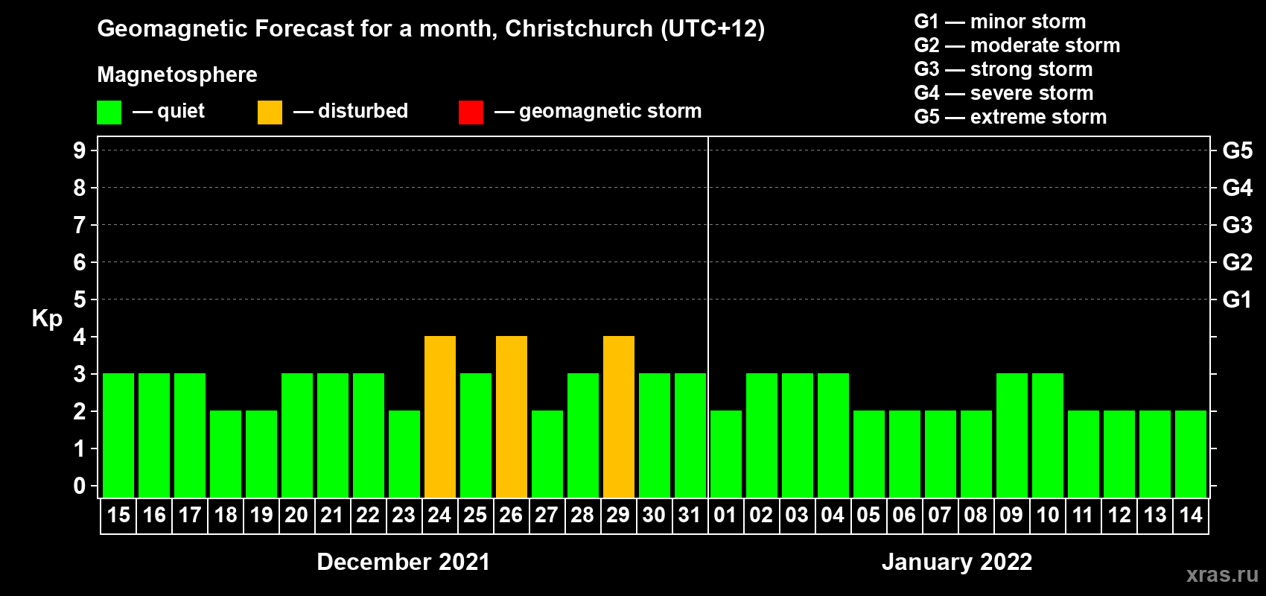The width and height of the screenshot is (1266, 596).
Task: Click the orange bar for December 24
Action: click(x=440, y=416)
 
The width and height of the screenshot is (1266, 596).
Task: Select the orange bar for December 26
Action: click(x=512, y=416)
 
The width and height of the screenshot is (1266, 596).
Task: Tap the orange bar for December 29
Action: click(x=619, y=416)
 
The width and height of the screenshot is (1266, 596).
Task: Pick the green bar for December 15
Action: click(x=118, y=435)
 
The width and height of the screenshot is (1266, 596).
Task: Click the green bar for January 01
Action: click(x=726, y=454)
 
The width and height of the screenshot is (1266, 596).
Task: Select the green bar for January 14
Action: click(x=1191, y=454)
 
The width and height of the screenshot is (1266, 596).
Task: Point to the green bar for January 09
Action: click(x=1012, y=435)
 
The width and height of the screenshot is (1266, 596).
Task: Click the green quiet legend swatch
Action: click(x=109, y=112)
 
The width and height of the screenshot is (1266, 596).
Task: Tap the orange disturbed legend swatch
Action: click(x=270, y=112)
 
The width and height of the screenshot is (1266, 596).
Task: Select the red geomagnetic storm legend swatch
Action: click(x=471, y=112)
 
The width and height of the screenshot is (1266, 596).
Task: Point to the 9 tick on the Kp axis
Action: click(x=80, y=150)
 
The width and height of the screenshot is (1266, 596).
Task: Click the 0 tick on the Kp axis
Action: click(x=80, y=486)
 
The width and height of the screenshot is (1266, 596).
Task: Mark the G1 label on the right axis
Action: click(x=1237, y=299)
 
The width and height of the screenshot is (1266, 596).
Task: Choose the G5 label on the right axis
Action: click(x=1237, y=150)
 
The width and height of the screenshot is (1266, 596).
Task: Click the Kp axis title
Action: click(x=47, y=319)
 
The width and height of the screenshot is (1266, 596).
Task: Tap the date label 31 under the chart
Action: click(x=690, y=515)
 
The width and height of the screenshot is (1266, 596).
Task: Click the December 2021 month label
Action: click(x=403, y=562)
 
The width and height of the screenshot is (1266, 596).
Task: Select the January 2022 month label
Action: click(x=957, y=562)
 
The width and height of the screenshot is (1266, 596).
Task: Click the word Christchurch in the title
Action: click(x=579, y=29)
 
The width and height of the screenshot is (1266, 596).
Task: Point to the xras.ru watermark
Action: click(x=1222, y=574)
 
